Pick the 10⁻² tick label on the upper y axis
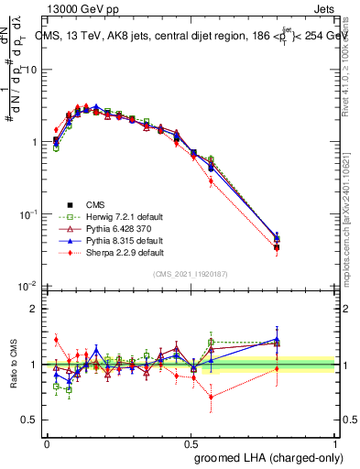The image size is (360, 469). [27, 286]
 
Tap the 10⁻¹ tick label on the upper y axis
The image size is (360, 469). [27, 214]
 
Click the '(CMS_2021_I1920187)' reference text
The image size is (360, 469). [191, 274]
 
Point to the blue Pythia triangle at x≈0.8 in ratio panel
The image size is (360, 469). [277, 340]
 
